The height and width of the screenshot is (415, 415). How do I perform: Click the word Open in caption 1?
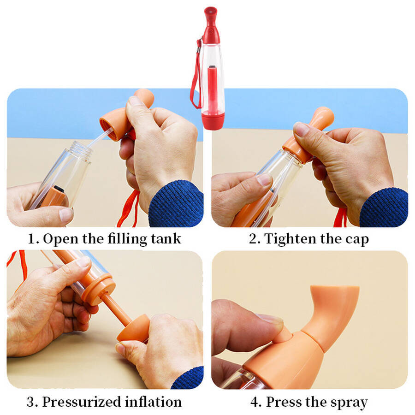point(60,239)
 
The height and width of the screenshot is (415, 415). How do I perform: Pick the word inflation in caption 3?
point(153,402)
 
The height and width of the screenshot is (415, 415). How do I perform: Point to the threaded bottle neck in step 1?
point(81,150)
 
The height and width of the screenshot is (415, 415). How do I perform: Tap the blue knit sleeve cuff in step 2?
point(384,208)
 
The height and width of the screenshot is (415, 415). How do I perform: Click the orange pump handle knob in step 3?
point(133,328)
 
